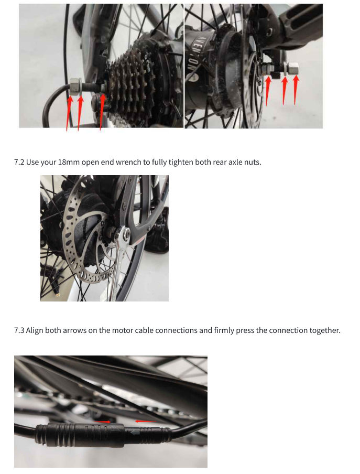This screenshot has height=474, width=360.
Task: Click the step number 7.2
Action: (19, 163)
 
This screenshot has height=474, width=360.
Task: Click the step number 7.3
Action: (19, 330)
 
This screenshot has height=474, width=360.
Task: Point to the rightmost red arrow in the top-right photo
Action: (296, 90)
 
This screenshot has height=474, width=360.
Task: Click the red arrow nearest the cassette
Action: (102, 112)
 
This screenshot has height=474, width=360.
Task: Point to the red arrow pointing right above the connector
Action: (102, 422)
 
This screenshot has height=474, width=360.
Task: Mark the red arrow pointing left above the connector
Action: (146, 421)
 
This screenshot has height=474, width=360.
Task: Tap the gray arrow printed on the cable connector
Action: (134, 433)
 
